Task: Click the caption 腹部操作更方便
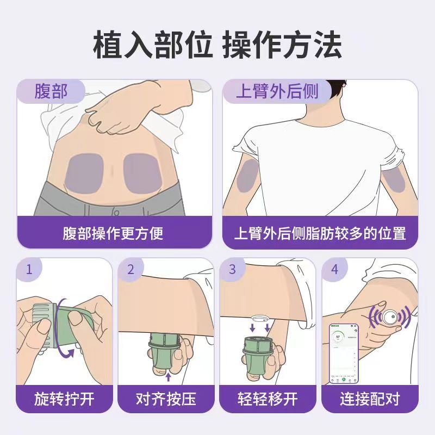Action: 113,234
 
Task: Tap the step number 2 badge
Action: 130,269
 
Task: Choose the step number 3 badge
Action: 232,269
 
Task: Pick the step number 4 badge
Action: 334,269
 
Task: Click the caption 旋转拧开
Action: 65,400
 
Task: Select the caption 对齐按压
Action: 166,400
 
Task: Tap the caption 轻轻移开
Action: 268,400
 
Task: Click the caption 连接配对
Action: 370,400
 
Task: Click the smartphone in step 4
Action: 344,353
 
